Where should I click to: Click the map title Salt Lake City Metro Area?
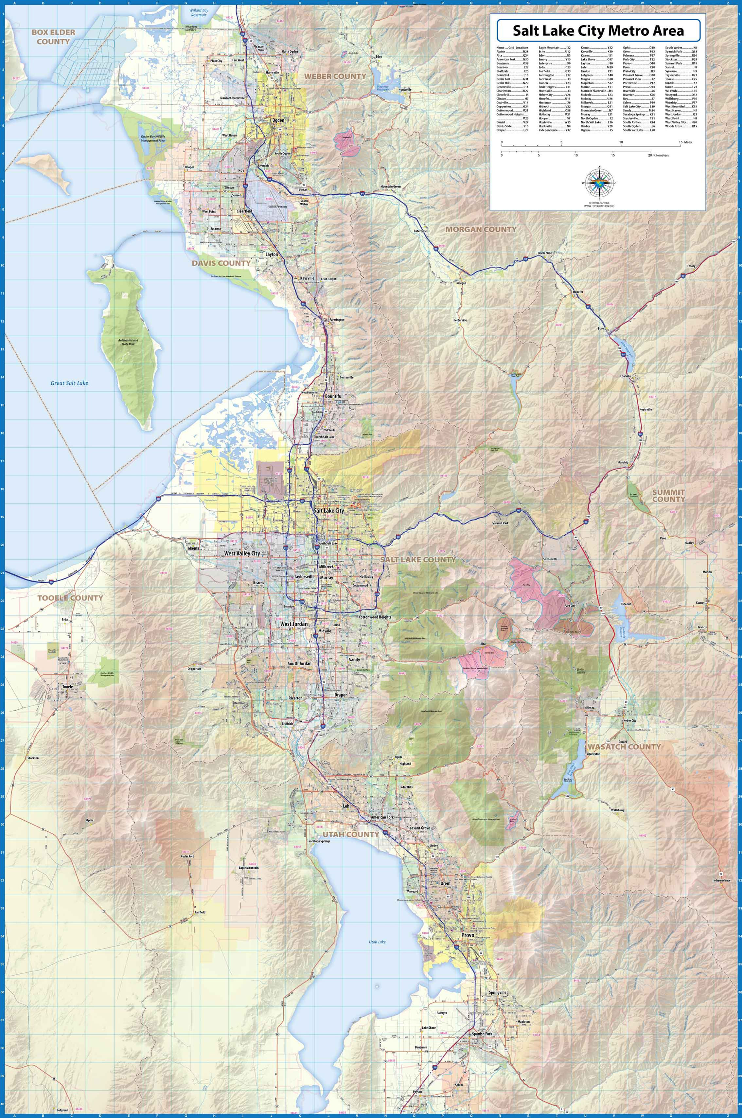coord(598,31)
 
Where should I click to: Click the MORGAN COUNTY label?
coord(480,229)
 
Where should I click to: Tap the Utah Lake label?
coord(377,942)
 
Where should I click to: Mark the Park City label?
coord(570,606)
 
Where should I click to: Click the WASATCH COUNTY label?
coord(624,747)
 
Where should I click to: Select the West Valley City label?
coord(242,554)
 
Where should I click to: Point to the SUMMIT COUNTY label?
coord(668,496)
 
